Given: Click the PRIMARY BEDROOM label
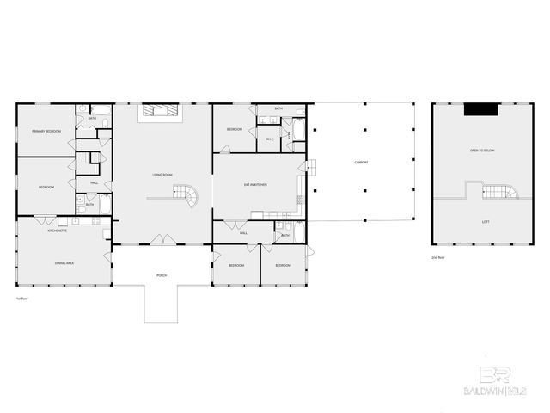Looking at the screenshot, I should pos(46,131).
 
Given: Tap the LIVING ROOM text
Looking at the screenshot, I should pos(163,176).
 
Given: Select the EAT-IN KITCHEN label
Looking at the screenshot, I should pos(255,185).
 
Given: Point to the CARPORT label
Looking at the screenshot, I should pos(362,163).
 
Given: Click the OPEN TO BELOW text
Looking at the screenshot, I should pos(481,151).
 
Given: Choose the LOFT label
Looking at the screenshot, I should pos(486,221).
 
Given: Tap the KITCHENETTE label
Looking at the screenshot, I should pos(58,231).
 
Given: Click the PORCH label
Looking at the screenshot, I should pos(162,275).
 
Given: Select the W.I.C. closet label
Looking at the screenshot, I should pos(269,139).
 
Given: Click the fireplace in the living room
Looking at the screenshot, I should pos(160,111).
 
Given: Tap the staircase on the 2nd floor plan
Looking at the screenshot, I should pos(499,191).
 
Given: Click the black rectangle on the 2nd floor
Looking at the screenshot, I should pos(480,109).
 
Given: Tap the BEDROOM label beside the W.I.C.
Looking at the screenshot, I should pos(235,130).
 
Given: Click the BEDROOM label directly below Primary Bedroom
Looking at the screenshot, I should pos(46,186).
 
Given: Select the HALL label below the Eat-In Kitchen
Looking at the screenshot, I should pos(244,233).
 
